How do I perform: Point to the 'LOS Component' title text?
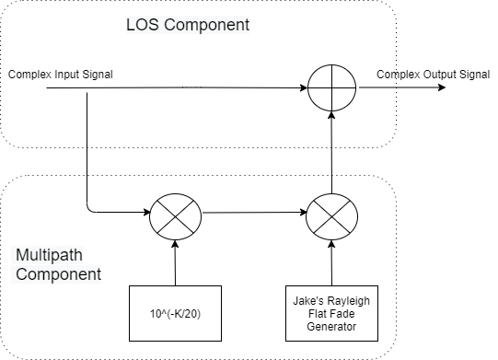point(187,24)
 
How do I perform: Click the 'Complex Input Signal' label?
point(60,74)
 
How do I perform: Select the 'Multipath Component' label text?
point(58,263)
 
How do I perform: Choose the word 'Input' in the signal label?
point(65,74)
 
